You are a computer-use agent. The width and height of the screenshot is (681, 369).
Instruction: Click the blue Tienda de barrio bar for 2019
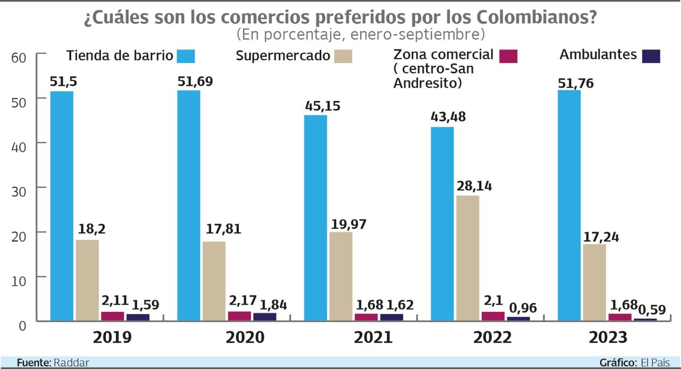click(62, 206)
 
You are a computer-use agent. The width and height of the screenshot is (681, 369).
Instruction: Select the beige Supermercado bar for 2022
click(468, 258)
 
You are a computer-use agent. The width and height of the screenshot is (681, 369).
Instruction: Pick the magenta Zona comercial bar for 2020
click(239, 316)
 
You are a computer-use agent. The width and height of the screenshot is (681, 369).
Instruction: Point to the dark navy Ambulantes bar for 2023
click(645, 319)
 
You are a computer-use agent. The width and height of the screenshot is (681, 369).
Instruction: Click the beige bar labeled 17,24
click(594, 282)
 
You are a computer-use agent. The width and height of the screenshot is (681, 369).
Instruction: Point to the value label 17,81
click(223, 229)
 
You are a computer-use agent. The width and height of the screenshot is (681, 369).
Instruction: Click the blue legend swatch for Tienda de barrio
click(186, 56)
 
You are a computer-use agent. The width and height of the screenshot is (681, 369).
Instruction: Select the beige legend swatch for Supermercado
click(343, 56)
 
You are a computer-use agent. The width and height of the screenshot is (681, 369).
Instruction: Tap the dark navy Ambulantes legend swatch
click(651, 56)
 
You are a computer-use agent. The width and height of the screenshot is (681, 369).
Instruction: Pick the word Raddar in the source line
click(71, 363)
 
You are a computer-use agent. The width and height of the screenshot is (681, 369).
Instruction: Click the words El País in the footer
click(655, 363)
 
